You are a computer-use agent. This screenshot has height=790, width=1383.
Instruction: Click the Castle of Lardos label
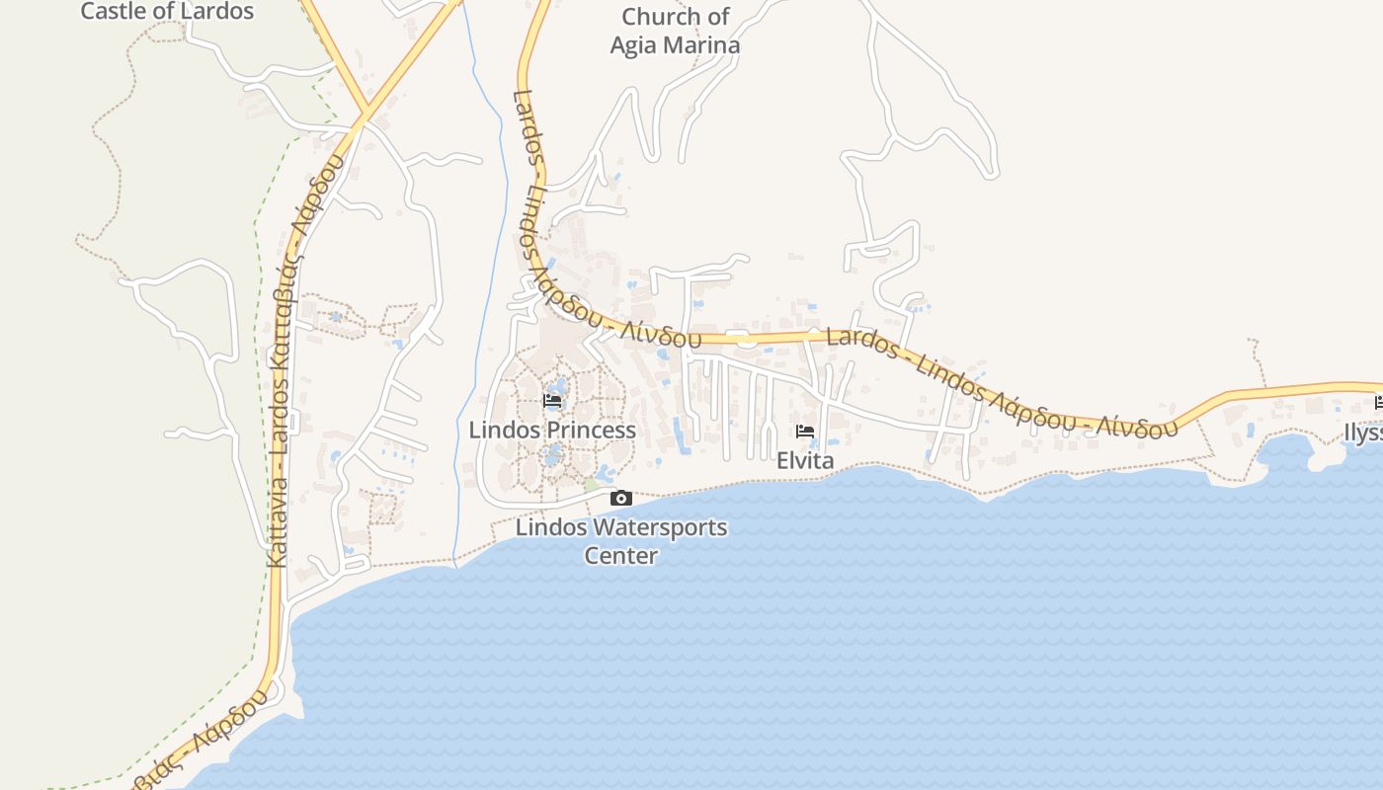tap(167, 12)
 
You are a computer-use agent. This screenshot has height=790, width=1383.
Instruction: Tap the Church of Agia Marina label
tap(675, 31)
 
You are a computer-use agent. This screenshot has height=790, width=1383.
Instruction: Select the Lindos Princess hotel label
tap(552, 430)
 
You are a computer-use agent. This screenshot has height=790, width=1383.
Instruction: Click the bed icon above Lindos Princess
tap(552, 401)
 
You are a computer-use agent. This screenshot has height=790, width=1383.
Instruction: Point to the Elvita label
tap(805, 460)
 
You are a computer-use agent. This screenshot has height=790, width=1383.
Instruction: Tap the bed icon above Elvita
tap(805, 432)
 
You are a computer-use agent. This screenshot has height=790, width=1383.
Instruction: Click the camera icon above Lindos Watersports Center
tap(620, 498)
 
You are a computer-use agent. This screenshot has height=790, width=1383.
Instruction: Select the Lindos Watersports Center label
tap(621, 540)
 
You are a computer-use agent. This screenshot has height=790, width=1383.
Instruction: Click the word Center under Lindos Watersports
tap(620, 555)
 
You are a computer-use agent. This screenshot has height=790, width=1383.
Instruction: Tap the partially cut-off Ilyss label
tap(1363, 433)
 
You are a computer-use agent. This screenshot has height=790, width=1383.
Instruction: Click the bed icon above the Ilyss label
tap(1378, 402)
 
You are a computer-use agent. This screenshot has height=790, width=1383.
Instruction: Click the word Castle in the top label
tap(111, 12)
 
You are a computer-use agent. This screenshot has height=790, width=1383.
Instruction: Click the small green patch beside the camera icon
tap(592, 485)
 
